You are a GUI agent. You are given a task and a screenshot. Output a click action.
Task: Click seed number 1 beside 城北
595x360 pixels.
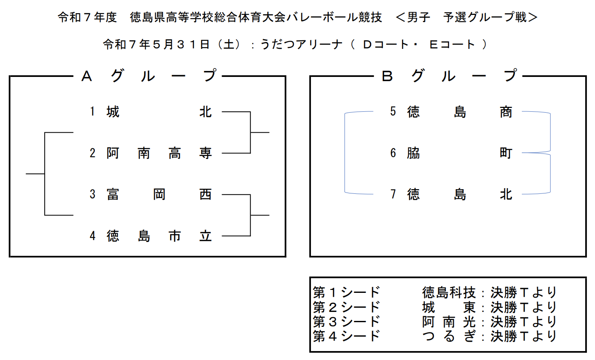[x=92, y=111]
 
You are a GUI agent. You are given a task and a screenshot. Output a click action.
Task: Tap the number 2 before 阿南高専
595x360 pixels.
[x=92, y=153]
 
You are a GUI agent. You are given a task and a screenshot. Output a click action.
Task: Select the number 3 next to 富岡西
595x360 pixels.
[x=92, y=194]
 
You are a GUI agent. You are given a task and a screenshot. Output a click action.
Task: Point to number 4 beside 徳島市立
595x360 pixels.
[x=92, y=236]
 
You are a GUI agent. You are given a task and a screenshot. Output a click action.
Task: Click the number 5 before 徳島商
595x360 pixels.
[x=393, y=111]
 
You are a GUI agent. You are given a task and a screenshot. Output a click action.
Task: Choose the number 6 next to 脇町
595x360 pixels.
[x=393, y=153]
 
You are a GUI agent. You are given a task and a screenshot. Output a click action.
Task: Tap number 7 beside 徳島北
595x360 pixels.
[x=393, y=194]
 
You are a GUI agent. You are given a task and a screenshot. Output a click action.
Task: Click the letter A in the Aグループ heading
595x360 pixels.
[x=87, y=77]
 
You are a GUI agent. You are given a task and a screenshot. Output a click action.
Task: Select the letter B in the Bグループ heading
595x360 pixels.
[x=387, y=77]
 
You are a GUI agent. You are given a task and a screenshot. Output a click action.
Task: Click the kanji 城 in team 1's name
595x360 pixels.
[x=113, y=112]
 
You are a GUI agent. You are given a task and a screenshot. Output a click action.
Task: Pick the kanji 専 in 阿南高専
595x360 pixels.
[x=205, y=153]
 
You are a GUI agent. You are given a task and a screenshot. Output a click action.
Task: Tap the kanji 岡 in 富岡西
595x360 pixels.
[x=159, y=194]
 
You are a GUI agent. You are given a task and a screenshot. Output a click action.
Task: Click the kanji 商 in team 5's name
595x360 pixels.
[x=506, y=112]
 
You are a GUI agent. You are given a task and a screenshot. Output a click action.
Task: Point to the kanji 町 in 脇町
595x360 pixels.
[x=506, y=153]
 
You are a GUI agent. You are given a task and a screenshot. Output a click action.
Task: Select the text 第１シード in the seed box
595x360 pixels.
[x=346, y=292]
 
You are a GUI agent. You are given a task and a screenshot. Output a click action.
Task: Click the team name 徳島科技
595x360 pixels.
[x=449, y=292]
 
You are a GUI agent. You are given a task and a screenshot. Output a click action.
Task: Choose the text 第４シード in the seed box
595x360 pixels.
[x=346, y=336]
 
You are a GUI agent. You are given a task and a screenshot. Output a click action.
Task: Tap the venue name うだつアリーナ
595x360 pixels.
[x=302, y=44]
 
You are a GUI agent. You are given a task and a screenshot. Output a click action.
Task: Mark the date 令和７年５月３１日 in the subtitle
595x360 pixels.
[x=157, y=44]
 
